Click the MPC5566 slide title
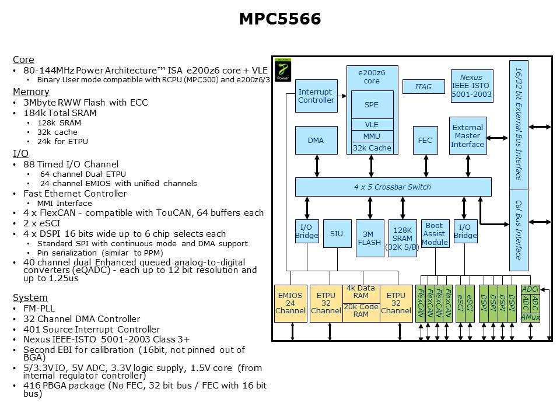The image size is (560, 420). tap(280, 19)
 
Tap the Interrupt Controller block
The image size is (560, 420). tap(316, 96)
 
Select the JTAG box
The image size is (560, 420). tap(423, 86)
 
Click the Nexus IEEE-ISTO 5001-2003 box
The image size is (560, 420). tap(471, 86)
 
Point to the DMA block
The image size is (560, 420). tap(316, 141)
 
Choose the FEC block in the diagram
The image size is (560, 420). tap(425, 141)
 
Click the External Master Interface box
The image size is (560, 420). tap(468, 136)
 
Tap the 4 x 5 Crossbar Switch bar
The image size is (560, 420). tap(393, 187)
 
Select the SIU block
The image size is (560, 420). tap(337, 234)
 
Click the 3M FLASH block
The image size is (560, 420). tap(370, 238)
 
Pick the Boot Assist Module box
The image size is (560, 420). tap(435, 233)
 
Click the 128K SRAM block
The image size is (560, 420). tap(403, 238)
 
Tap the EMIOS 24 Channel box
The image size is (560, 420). tap(290, 303)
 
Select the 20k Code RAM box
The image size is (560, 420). tap(360, 310)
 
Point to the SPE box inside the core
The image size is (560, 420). tap(372, 105)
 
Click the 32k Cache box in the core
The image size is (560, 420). tap(372, 148)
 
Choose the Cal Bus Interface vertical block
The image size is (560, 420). tap(518, 230)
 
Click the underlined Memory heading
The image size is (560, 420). tap(31, 92)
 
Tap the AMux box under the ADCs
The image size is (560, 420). tap(530, 317)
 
